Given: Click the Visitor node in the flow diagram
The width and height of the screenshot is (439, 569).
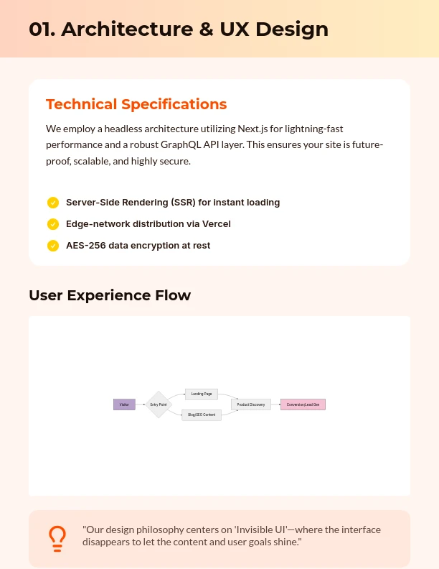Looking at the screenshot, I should tap(124, 404).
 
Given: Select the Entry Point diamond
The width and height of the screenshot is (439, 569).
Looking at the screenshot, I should tap(159, 404).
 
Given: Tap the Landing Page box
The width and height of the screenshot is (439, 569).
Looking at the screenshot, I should tap(202, 394).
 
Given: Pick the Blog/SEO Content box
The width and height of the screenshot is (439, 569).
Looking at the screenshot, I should tap(202, 415).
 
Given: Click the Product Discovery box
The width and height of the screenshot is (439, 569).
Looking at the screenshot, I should tap(251, 404).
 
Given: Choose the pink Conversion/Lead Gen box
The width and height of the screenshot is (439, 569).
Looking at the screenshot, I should tap(303, 404).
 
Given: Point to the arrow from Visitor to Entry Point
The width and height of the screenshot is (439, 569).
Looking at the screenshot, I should tap(141, 404).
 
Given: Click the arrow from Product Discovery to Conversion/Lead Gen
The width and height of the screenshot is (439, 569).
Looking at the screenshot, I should tap(275, 404).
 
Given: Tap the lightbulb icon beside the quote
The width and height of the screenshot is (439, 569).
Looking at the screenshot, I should tap(57, 537).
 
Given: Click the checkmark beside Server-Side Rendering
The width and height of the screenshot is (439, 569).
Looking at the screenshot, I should tap(52, 203).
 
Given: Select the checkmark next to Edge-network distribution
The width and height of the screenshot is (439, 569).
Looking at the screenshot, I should tap(52, 224).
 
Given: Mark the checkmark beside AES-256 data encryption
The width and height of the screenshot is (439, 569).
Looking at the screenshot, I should tap(52, 246).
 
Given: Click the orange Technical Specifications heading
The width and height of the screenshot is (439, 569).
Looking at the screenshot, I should tap(136, 104).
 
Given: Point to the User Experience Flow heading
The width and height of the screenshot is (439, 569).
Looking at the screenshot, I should tap(110, 295).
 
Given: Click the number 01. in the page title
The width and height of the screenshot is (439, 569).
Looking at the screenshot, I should tap(42, 29).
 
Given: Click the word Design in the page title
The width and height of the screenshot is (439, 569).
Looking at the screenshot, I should tap(296, 29).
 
